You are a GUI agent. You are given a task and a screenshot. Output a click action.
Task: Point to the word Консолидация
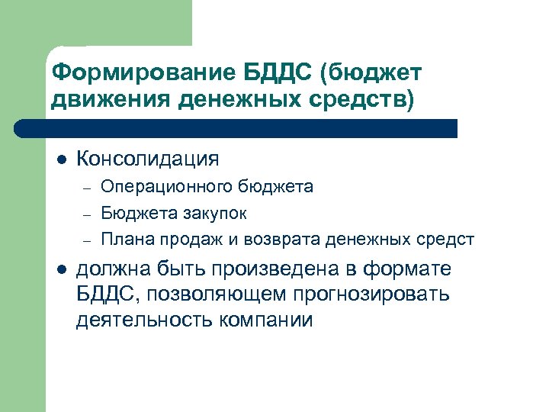tap(148, 159)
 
